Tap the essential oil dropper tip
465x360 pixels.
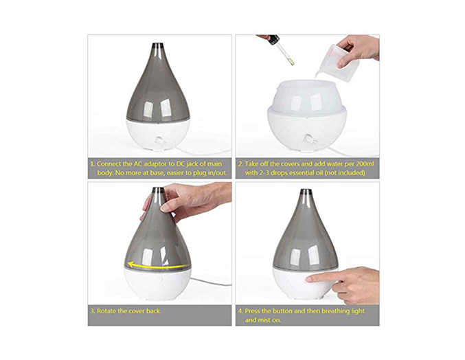tap(291, 63)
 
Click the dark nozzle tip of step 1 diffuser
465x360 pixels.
tap(158, 46)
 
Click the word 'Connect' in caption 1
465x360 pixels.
tap(109, 164)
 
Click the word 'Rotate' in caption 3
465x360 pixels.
tap(106, 311)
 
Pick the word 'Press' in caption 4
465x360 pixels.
tap(253, 311)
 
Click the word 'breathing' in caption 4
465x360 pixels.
tap(336, 311)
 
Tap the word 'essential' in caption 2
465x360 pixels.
tap(297, 172)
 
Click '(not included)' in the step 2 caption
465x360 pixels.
tap(345, 173)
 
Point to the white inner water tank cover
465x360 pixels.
tap(306, 97)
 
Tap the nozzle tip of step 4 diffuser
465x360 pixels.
tap(306, 192)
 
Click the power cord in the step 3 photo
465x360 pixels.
tap(211, 282)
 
